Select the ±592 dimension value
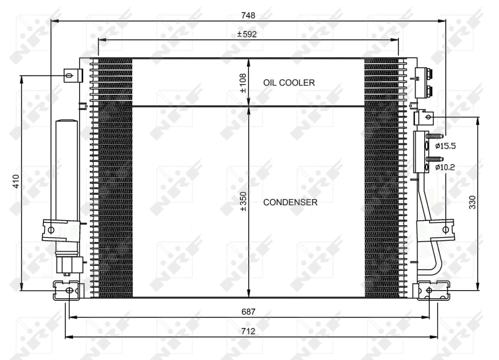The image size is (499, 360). [247, 34]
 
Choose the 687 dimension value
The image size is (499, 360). [248, 311]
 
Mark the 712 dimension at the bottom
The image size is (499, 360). [248, 331]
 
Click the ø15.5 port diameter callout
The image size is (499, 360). [445, 146]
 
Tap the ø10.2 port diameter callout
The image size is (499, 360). [445, 167]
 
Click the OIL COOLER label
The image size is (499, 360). [288, 82]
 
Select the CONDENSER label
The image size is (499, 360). [290, 202]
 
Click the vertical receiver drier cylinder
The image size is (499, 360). [65, 168]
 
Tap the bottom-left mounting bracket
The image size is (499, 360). [66, 290]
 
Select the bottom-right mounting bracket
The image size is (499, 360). [430, 290]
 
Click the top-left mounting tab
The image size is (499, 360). [72, 75]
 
